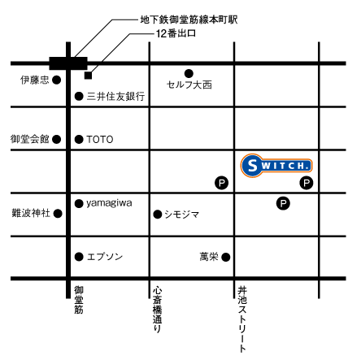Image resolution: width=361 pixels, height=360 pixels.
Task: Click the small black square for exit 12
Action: pos(87,76)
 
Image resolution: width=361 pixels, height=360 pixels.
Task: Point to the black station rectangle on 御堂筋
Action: pos(67,63)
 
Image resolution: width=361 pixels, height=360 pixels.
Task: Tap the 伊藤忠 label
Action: pos(35,80)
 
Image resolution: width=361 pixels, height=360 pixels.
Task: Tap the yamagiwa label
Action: pos(111,202)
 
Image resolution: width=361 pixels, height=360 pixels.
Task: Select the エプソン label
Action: pos(105,257)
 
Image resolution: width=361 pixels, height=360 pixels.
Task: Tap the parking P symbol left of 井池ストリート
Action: pos(220,184)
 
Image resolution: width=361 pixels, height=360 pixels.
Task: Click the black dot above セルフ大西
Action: pos(189,72)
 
